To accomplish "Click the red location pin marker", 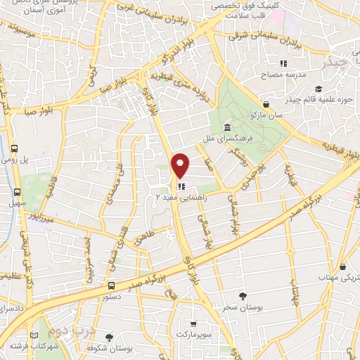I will (x=181, y=165).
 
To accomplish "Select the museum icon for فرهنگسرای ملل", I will (x=228, y=127).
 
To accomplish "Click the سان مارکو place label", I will (x=269, y=114).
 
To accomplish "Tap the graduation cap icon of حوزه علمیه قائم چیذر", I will (x=318, y=89).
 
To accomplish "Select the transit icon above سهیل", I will (x=15, y=192).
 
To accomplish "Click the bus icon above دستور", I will (x=112, y=285).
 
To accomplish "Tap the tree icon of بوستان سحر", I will (x=243, y=295).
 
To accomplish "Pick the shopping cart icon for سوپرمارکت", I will (x=193, y=324).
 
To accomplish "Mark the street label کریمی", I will (x=90, y=75).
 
